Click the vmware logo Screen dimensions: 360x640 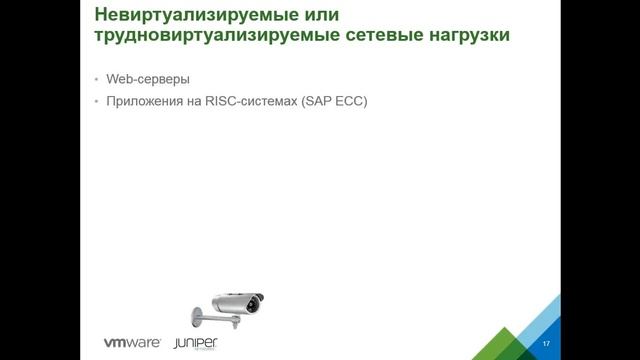point(135,342)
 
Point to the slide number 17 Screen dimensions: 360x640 point(546,344)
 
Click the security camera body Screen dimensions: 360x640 point(234,297)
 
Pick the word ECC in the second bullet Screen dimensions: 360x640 point(350,102)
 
